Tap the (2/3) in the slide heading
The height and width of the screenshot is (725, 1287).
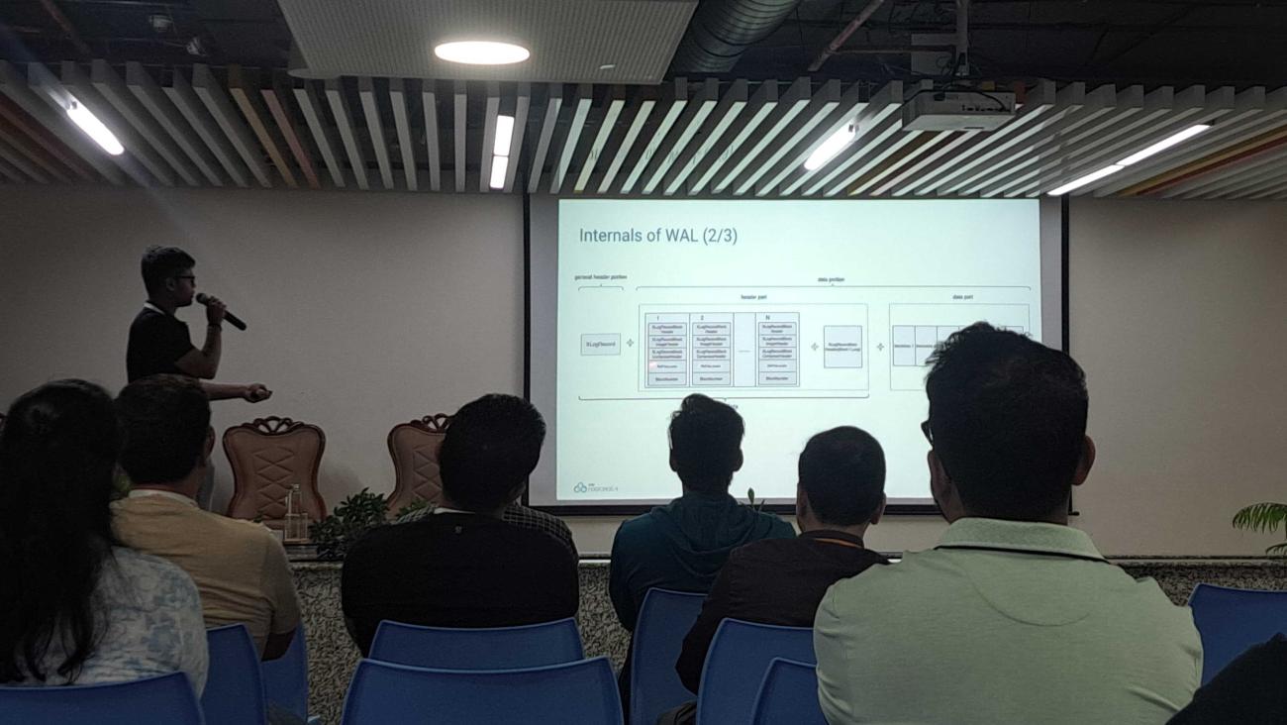point(720,236)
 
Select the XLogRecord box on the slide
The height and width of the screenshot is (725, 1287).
point(600,345)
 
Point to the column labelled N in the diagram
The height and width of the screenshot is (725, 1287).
point(777,350)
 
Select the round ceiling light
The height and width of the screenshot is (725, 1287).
point(481,52)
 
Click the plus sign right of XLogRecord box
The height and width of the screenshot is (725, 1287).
point(630,344)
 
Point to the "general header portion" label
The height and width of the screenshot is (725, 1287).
point(601,277)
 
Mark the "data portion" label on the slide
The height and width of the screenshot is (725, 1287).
point(830,280)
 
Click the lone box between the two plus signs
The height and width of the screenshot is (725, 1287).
point(842,347)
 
